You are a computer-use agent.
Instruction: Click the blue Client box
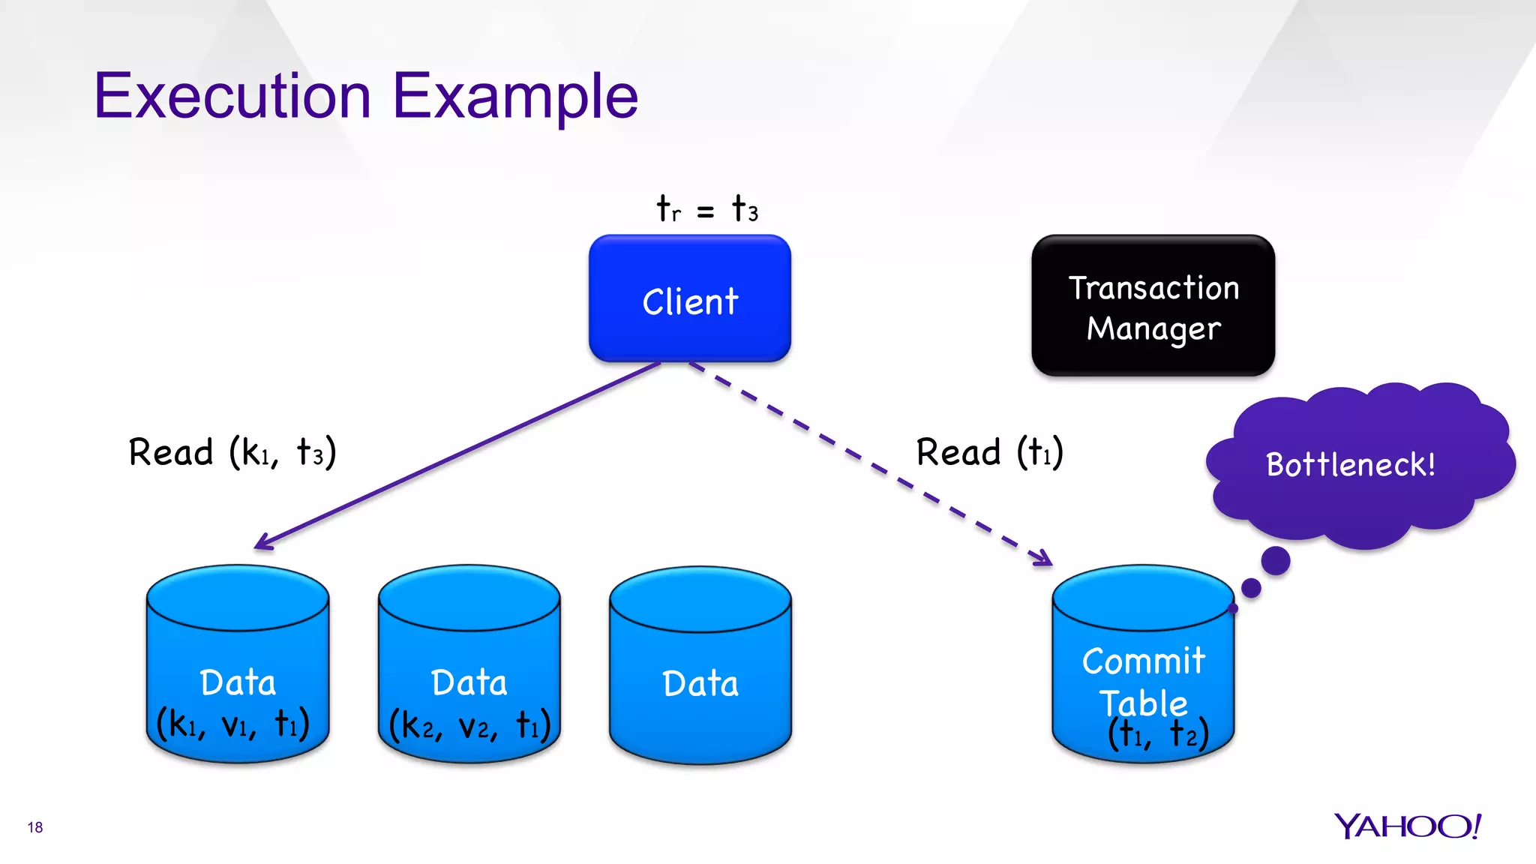[x=689, y=298]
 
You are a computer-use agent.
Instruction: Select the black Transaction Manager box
[x=1153, y=305]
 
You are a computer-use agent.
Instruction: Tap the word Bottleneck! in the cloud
[x=1350, y=464]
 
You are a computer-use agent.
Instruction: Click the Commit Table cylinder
[x=1143, y=664]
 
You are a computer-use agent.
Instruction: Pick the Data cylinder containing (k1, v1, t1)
[x=237, y=664]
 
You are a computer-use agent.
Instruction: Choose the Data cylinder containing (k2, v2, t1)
[x=469, y=664]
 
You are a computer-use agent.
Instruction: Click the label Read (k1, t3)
[x=232, y=452]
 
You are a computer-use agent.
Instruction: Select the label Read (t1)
[x=990, y=452]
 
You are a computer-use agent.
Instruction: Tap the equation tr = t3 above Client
[x=706, y=208]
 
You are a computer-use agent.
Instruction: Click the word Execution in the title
[x=232, y=96]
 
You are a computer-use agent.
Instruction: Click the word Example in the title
[x=515, y=96]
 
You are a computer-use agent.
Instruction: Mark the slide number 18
[x=35, y=827]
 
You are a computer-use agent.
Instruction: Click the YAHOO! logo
[x=1407, y=826]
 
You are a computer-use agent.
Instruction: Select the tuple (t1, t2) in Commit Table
[x=1157, y=733]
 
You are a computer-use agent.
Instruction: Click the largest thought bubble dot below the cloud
[x=1275, y=560]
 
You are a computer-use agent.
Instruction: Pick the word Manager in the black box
[x=1153, y=328]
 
